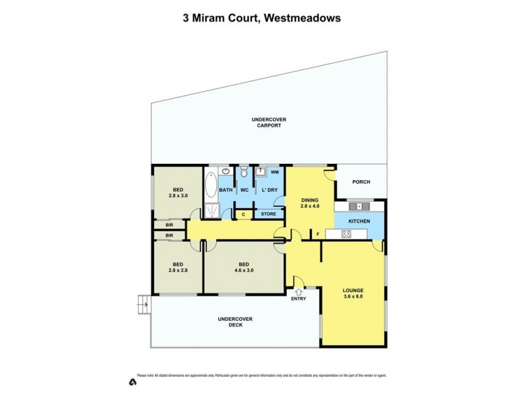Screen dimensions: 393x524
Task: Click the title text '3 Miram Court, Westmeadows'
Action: pos(261,18)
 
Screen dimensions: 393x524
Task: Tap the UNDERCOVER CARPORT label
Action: pos(269,122)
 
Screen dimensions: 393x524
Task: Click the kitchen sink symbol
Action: pos(360,206)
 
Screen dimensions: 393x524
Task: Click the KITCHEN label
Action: pos(359,221)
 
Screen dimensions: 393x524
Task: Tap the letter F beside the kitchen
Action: pos(318,234)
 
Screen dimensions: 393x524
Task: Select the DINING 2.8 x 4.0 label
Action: pos(309,204)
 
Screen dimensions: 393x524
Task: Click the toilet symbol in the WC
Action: pos(244,173)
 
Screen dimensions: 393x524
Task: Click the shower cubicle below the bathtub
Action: pos(211,210)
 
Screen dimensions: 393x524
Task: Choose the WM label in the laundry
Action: pos(274,172)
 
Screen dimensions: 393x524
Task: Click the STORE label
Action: pos(268,214)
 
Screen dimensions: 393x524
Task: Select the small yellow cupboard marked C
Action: pos(243,214)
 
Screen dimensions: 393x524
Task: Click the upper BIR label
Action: pos(169,225)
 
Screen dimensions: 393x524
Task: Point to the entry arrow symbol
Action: pos(299,291)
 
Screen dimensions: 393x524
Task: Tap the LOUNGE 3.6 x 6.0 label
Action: pos(353,293)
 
